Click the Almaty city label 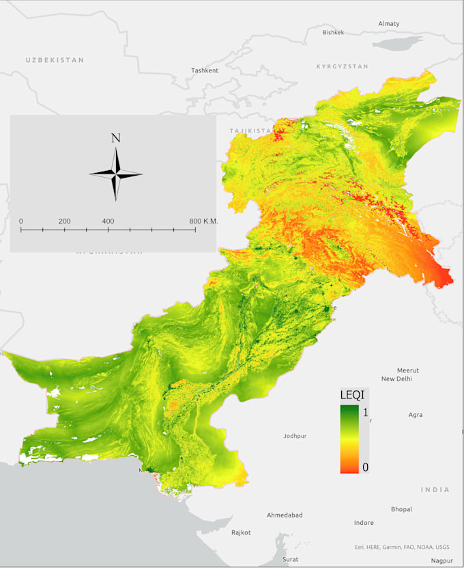389,24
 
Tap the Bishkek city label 334,32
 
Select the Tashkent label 205,70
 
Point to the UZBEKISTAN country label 55,60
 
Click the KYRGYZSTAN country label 342,66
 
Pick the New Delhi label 396,379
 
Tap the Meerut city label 408,370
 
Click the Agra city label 415,415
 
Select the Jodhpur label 295,435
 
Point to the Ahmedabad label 285,515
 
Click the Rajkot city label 241,532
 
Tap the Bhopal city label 401,509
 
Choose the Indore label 364,523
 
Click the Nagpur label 441,560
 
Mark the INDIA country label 435,489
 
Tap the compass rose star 116,174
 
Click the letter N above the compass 116,138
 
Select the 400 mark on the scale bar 108,221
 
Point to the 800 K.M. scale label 203,221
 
